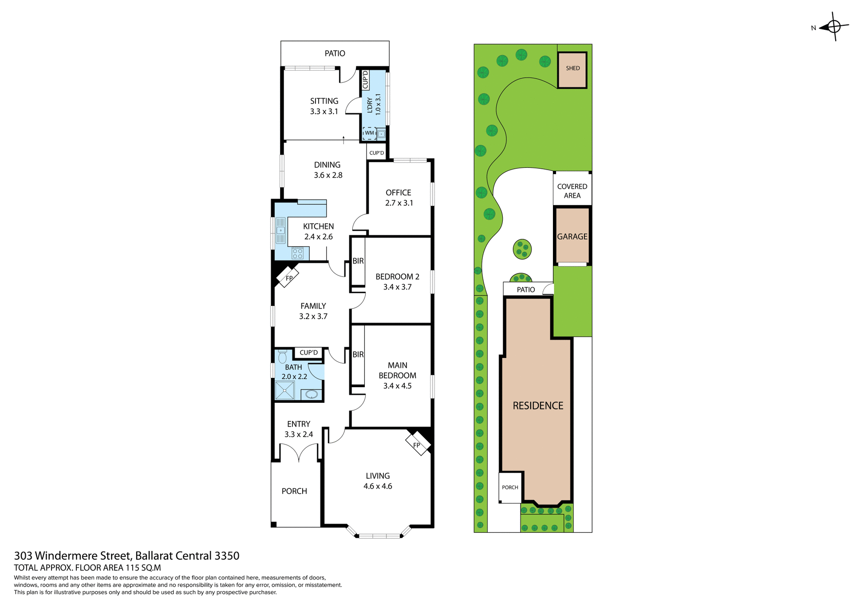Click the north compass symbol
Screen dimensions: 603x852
[x=834, y=27]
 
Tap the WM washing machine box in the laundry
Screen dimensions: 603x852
[x=369, y=133]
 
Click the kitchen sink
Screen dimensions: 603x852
[x=280, y=230]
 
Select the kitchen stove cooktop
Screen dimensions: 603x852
[x=297, y=254]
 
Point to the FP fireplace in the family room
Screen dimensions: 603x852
[x=288, y=278]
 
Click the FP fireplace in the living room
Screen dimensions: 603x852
[x=418, y=444]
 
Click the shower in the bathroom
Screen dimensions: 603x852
[x=284, y=391]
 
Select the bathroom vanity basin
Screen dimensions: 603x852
[x=312, y=394]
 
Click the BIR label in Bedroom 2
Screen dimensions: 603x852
[x=358, y=261]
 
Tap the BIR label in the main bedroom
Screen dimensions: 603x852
[x=358, y=354]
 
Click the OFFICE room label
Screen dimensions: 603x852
[x=398, y=192]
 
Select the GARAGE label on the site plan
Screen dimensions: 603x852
[x=572, y=237]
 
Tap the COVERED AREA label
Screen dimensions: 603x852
[x=572, y=191]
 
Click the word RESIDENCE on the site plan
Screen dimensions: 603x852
[x=538, y=405]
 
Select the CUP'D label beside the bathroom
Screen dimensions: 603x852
[x=308, y=353]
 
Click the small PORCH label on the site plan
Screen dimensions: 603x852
[x=510, y=487]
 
